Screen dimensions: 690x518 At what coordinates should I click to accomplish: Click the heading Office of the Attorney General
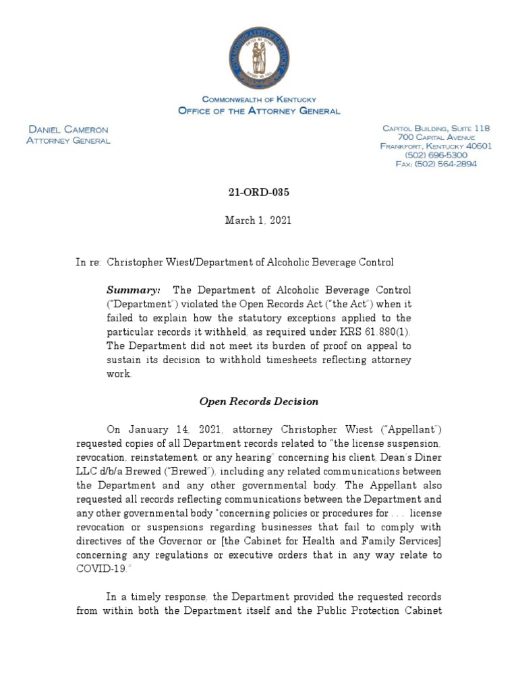[258, 111]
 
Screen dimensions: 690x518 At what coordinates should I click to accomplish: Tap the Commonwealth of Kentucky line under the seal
[259, 99]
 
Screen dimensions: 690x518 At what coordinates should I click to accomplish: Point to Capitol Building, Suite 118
[436, 128]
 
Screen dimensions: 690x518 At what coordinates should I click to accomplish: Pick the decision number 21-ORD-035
[259, 192]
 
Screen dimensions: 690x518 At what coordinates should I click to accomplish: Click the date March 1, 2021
[259, 220]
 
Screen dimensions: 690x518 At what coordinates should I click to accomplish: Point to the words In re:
[88, 261]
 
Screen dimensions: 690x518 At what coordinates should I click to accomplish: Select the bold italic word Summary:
[134, 290]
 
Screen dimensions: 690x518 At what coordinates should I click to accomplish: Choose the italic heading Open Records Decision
[259, 401]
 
